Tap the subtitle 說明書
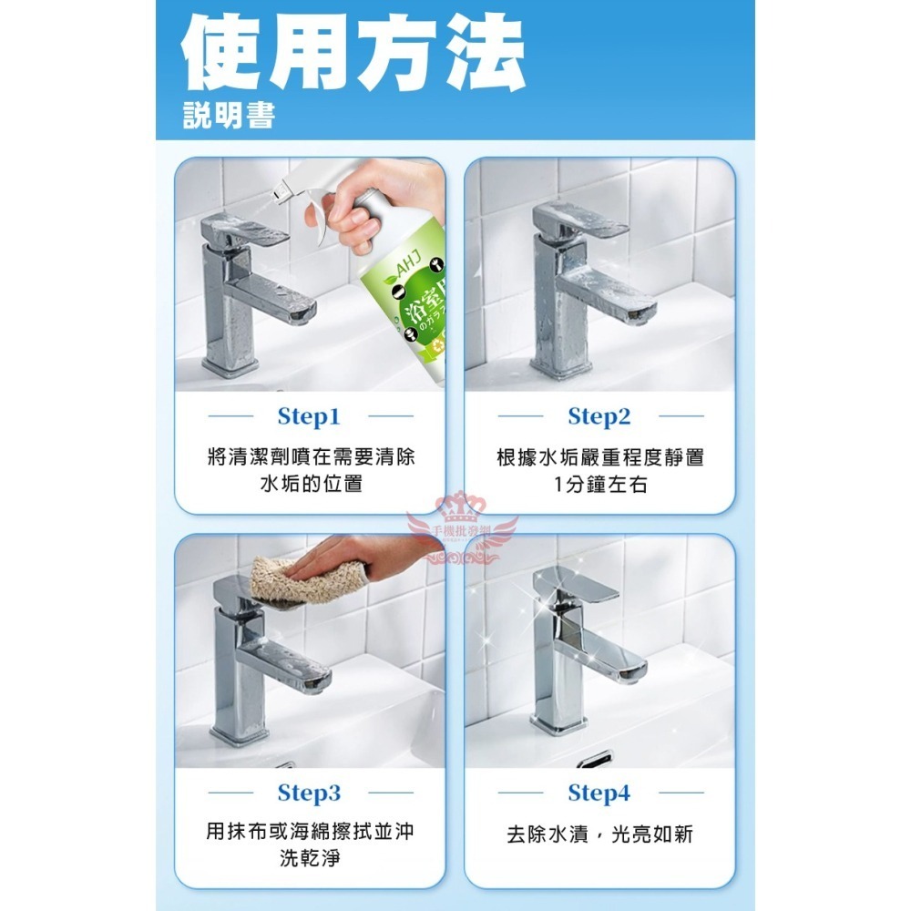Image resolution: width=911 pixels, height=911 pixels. coord(228,116)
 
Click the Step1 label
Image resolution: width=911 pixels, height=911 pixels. coord(308,417)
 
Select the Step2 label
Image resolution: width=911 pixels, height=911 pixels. coord(599,417)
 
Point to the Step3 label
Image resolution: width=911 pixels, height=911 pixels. coord(308,793)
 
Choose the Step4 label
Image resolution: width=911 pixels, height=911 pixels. coord(599,793)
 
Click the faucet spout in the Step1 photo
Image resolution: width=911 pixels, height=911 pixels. coord(292,305)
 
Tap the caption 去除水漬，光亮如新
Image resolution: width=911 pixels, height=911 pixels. coord(600,834)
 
